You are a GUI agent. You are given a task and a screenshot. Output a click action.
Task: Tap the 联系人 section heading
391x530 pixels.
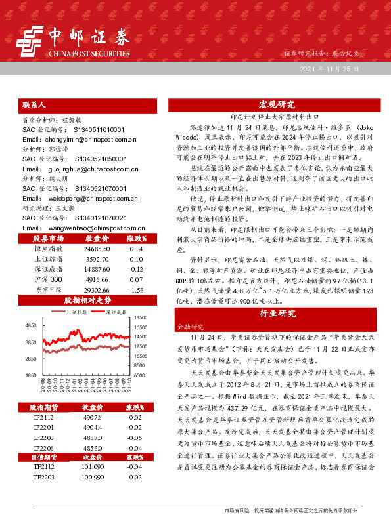tap(34, 104)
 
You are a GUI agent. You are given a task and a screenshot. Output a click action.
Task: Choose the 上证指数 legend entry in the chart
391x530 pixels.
tap(76, 312)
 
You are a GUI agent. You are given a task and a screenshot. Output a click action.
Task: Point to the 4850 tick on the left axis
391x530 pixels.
tap(31, 326)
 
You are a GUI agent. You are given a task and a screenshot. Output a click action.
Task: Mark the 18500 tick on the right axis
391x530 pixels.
tap(142, 317)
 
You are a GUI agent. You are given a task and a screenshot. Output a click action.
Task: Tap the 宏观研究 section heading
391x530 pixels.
tap(277, 104)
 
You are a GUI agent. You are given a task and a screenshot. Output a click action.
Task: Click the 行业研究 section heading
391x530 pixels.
tap(277, 313)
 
